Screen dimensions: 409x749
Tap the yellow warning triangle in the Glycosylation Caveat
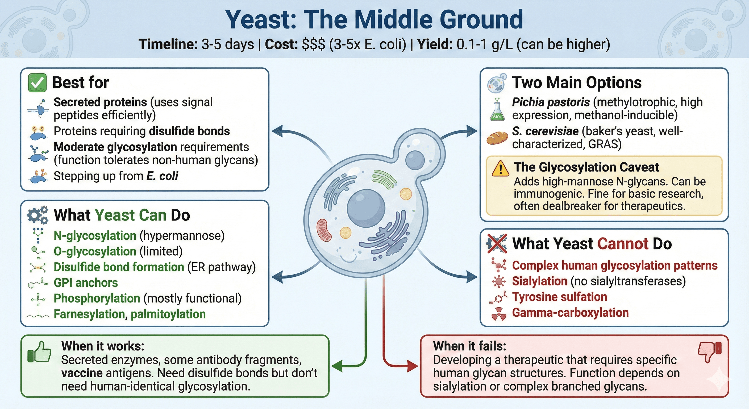(500, 169)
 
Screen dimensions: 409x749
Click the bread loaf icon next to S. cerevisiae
(497, 138)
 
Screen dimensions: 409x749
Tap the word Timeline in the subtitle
(168, 44)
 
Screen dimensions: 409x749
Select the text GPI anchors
(86, 283)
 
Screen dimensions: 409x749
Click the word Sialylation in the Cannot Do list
(539, 281)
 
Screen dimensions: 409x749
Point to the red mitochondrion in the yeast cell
(324, 230)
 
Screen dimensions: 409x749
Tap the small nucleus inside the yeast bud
(415, 160)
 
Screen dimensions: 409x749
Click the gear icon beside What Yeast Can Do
(37, 215)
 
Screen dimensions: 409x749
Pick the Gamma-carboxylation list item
(570, 313)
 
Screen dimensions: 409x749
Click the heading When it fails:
(469, 346)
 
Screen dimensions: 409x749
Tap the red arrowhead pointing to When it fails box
(413, 366)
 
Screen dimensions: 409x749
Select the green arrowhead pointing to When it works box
(337, 366)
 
